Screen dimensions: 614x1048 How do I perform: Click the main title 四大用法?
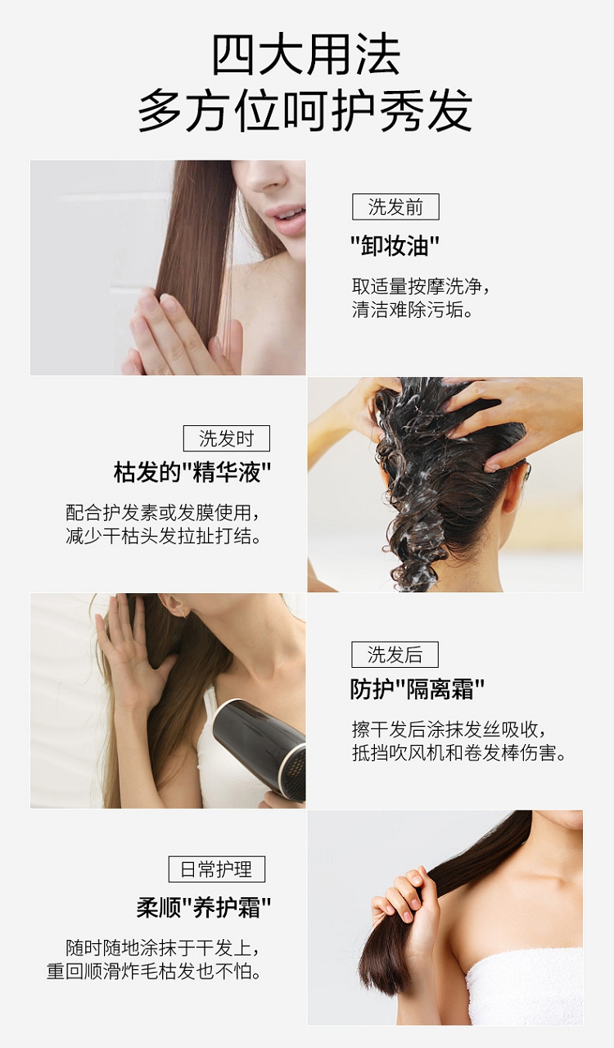pos(306,55)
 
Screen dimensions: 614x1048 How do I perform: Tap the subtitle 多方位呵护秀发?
pos(305,111)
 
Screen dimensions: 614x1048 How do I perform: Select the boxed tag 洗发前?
pos(395,206)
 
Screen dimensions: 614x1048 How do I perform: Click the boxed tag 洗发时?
pos(227,438)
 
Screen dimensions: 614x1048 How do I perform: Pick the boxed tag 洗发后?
pos(395,655)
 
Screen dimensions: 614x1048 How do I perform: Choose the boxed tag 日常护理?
pos(217,869)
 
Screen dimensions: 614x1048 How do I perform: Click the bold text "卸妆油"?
pos(395,245)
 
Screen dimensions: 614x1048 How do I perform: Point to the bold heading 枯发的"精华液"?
pos(192,472)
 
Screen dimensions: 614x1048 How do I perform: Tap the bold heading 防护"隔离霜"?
pos(418,689)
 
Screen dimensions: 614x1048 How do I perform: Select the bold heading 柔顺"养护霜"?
pos(204,908)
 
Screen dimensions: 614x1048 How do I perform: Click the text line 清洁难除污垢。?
pos(412,310)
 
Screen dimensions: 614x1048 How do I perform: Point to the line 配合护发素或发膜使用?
pos(162,513)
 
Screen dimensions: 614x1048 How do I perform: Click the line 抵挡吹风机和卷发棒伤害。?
pos(459,753)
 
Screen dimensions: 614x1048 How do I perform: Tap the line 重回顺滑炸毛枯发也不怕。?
pos(154,971)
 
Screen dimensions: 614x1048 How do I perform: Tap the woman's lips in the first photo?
pos(286,220)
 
